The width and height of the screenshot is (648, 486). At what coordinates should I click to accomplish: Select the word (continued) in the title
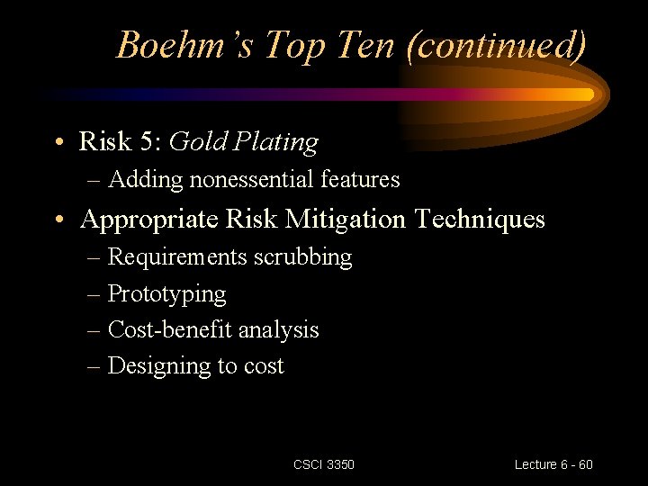click(497, 45)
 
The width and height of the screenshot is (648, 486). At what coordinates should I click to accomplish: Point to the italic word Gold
click(195, 142)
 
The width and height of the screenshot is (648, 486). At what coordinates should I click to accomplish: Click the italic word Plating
click(275, 142)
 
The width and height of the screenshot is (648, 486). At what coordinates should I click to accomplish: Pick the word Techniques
click(487, 220)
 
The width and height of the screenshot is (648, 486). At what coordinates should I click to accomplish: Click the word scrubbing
click(302, 257)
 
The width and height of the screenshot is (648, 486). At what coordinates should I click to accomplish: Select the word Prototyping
click(166, 294)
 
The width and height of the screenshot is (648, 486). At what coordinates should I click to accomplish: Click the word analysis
click(277, 330)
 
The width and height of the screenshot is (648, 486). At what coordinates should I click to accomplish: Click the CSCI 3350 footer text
click(324, 464)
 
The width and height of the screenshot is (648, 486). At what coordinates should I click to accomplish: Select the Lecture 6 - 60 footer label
click(553, 464)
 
